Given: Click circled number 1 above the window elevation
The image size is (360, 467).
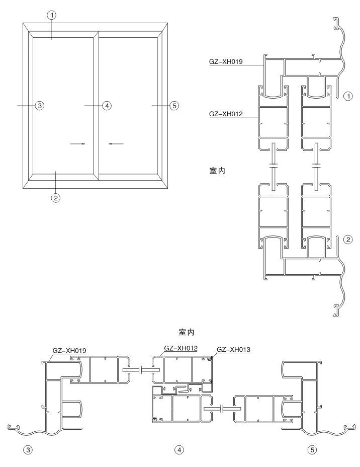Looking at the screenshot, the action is click(52, 15).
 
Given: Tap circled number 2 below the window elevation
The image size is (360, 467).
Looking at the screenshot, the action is click(56, 197).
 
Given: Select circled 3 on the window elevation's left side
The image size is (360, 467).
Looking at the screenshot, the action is click(40, 106).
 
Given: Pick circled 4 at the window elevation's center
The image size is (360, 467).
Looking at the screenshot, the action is click(107, 106).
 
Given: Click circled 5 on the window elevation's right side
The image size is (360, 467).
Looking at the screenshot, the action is click(174, 106).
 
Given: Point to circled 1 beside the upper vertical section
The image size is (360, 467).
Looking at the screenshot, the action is click(348, 96).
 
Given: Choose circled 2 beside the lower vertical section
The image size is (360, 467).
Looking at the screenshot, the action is click(348, 240).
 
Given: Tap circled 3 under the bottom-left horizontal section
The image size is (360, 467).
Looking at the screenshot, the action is click(28, 450).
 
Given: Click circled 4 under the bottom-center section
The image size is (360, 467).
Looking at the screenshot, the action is click(179, 450).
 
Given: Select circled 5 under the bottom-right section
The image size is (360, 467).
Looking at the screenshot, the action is click(312, 450).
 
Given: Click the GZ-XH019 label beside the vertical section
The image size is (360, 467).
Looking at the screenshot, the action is click(226, 62).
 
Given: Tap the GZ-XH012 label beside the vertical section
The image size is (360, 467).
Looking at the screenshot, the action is click(226, 114).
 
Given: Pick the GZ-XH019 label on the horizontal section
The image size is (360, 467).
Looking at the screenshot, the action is click(69, 351).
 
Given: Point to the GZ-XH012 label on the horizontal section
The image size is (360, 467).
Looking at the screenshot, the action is click(181, 348).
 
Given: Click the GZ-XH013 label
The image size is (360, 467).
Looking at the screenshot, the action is click(234, 349).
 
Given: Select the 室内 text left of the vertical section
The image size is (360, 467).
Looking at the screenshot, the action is click(218, 171).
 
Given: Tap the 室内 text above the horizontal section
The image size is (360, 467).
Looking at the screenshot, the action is click(187, 332).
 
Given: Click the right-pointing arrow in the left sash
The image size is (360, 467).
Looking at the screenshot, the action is click(77, 144).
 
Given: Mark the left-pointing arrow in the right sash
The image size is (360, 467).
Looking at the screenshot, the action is click(116, 144).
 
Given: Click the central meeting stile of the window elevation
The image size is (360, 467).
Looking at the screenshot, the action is click(96, 106).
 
